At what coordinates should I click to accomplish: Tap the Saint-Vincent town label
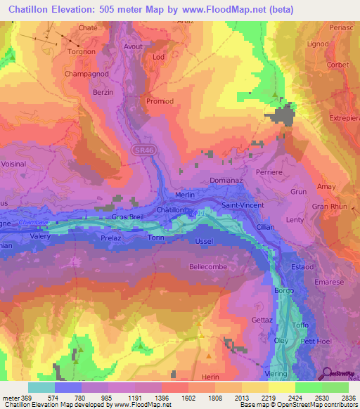point(243,205)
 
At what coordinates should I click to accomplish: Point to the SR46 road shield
point(141,150)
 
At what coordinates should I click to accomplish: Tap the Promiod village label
point(160,101)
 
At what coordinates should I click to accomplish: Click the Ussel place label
point(203,242)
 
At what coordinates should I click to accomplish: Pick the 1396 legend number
point(172,397)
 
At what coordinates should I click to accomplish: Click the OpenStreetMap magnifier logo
point(328,372)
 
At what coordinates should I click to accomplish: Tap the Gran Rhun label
point(329,207)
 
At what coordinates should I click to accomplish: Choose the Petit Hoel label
point(315,342)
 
